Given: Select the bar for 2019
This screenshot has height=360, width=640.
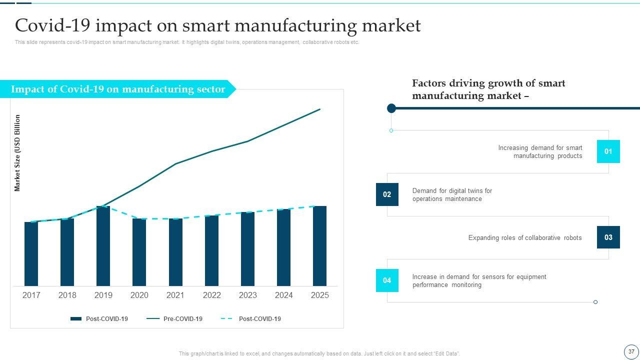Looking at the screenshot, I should tap(103, 246).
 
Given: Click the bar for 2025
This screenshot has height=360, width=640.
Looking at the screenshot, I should tap(319, 246).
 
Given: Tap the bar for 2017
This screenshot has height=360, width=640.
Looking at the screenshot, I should tap(31, 254).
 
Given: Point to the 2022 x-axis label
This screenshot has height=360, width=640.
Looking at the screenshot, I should tap(211, 295).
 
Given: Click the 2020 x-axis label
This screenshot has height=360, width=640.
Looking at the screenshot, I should tap(139, 295).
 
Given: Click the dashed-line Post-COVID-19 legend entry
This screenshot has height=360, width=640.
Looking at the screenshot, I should tap(251, 319).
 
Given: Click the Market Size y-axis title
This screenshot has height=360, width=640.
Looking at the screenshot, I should tap(17, 153).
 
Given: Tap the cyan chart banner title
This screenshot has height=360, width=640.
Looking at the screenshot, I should tap(118, 89).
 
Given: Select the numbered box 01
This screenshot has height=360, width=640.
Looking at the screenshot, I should tap(608, 151).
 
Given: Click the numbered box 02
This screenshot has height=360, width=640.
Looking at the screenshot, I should tap(387, 194).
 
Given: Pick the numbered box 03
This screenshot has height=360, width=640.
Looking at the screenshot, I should tap(608, 237).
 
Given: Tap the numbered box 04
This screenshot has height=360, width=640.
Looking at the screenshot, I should tap(387, 280).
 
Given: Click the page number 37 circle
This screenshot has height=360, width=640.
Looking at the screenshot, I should tap(631, 351).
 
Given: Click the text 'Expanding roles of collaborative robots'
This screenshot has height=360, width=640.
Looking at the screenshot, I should tap(525, 238).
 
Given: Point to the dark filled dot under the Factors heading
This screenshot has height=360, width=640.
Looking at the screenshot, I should tap(391, 108).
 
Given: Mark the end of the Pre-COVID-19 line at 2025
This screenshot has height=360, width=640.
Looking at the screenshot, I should tap(319, 109).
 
